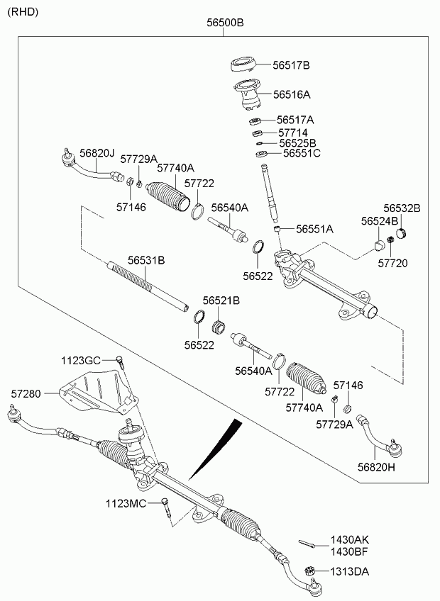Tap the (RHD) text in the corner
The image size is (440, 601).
tap(23, 12)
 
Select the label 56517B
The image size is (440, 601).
tap(292, 65)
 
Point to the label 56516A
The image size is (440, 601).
tap(292, 94)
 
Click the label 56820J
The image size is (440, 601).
tap(97, 152)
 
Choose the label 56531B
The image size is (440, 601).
tap(146, 260)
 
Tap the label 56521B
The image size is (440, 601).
tap(221, 300)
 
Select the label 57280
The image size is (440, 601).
tap(26, 391)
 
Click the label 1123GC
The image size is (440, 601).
tap(80, 360)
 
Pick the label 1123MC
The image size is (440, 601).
tap(126, 503)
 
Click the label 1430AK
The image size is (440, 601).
tap(350, 539)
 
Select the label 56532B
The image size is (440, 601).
tap(402, 208)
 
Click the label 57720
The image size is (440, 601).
tap(392, 263)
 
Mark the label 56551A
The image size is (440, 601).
tap(314, 229)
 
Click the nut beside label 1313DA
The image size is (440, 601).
tap(309, 571)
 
